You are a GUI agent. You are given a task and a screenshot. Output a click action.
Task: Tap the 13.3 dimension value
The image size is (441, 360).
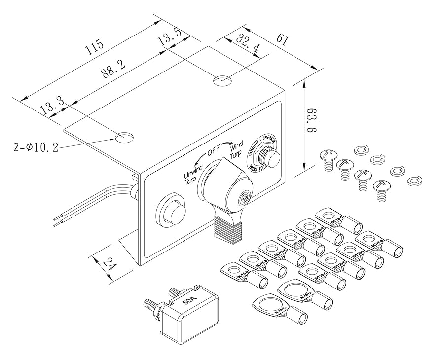(x=52, y=106)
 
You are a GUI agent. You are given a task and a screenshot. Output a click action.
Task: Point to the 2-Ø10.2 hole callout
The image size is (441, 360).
(x=35, y=147)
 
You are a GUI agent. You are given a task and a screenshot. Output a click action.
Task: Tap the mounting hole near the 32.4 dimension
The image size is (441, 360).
(x=222, y=80)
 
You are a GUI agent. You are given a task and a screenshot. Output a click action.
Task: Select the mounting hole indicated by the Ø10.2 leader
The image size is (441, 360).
(x=124, y=137)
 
